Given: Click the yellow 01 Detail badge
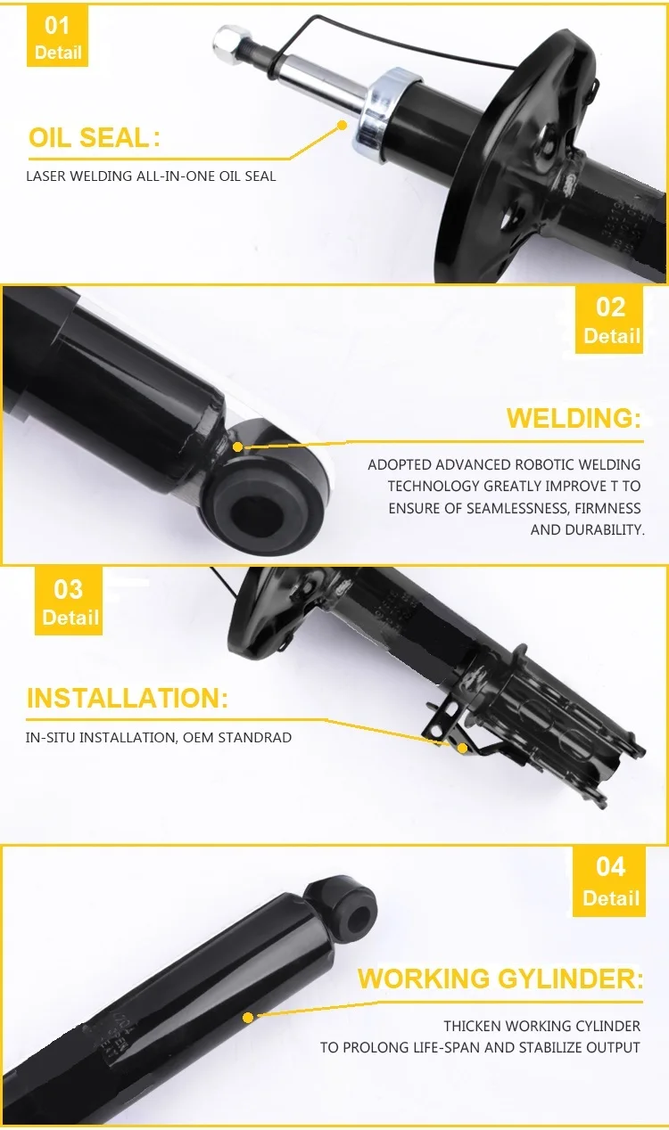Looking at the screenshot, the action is [x=57, y=37].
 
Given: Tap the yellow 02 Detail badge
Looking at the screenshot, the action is [x=609, y=320].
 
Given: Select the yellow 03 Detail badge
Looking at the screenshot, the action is [x=69, y=602].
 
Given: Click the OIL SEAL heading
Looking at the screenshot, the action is [x=95, y=138].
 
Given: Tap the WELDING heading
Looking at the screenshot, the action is [x=574, y=418].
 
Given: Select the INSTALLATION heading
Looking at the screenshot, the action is [x=128, y=698].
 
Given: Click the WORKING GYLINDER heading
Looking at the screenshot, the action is [x=500, y=979].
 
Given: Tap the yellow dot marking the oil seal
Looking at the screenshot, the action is [x=342, y=125].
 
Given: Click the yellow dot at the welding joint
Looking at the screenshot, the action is [x=238, y=446].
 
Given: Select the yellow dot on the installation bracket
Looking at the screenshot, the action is [x=462, y=747].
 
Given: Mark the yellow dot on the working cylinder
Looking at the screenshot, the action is [x=247, y=1018].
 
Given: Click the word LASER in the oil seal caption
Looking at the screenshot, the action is [x=46, y=176].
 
